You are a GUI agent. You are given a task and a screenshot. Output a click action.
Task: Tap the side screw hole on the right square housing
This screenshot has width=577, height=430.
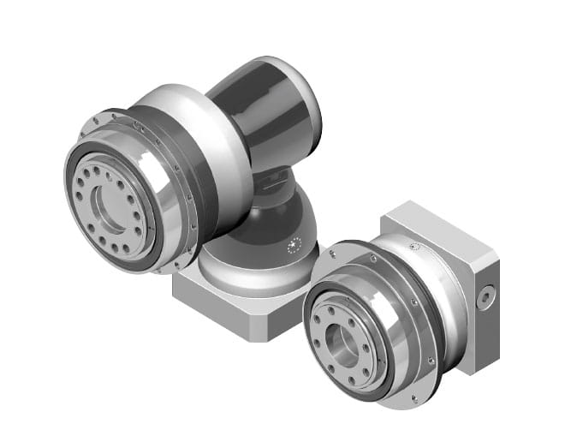point(486,296)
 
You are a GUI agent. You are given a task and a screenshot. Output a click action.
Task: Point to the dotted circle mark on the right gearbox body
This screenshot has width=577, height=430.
point(415,247)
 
